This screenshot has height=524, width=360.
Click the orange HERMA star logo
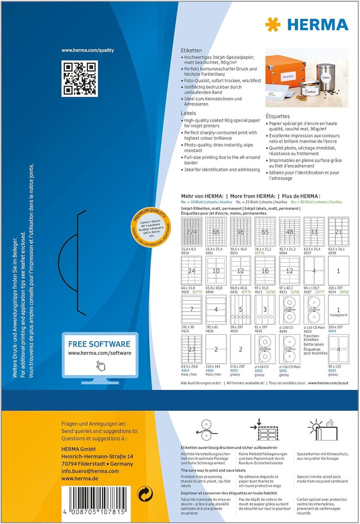[273, 24]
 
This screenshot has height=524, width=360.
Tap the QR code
[78, 78]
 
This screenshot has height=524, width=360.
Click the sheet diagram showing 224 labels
[191, 232]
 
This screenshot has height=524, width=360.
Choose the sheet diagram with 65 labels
[264, 232]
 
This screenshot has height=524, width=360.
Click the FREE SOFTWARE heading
[99, 344]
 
